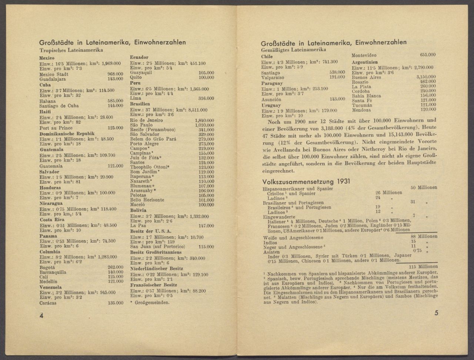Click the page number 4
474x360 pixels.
pyautogui.click(x=42, y=316)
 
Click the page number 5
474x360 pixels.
pyautogui.click(x=436, y=313)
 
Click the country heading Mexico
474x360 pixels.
pyautogui.click(x=47, y=58)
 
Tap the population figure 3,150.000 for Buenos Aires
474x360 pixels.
pyautogui.click(x=426, y=77)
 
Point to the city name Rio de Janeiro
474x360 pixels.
pyautogui.click(x=147, y=120)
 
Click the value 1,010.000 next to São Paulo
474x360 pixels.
pyautogui.click(x=204, y=125)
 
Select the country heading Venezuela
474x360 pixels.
pyautogui.click(x=50, y=287)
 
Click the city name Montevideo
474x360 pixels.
pyautogui.click(x=364, y=55)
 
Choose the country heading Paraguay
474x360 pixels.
pyautogui.click(x=272, y=83)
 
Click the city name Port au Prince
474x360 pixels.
pyautogui.click(x=56, y=128)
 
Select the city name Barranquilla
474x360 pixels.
pyautogui.click(x=53, y=272)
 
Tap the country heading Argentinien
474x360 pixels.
pyautogui.click(x=365, y=62)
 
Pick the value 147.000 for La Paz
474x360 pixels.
pyautogui.click(x=206, y=226)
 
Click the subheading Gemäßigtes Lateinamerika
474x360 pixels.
pyautogui.click(x=288, y=49)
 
